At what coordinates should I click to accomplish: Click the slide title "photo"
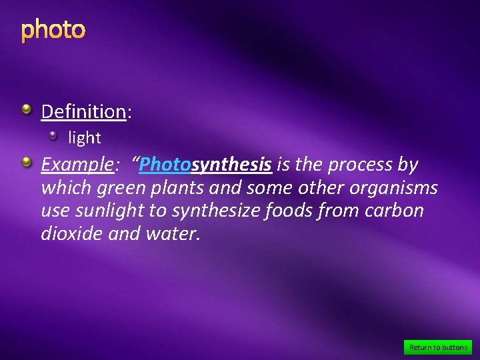[x=53, y=30]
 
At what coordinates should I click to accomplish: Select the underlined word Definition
[x=83, y=111]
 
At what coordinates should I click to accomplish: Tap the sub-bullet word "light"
[x=85, y=138]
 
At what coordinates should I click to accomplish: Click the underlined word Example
[x=75, y=165]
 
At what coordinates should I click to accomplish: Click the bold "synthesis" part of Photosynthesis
[x=231, y=165]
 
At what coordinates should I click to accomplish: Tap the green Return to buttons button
[x=438, y=347]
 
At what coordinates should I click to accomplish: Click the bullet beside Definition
[x=26, y=109]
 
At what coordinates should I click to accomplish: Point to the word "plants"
[x=179, y=188]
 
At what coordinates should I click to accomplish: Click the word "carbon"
[x=396, y=211]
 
